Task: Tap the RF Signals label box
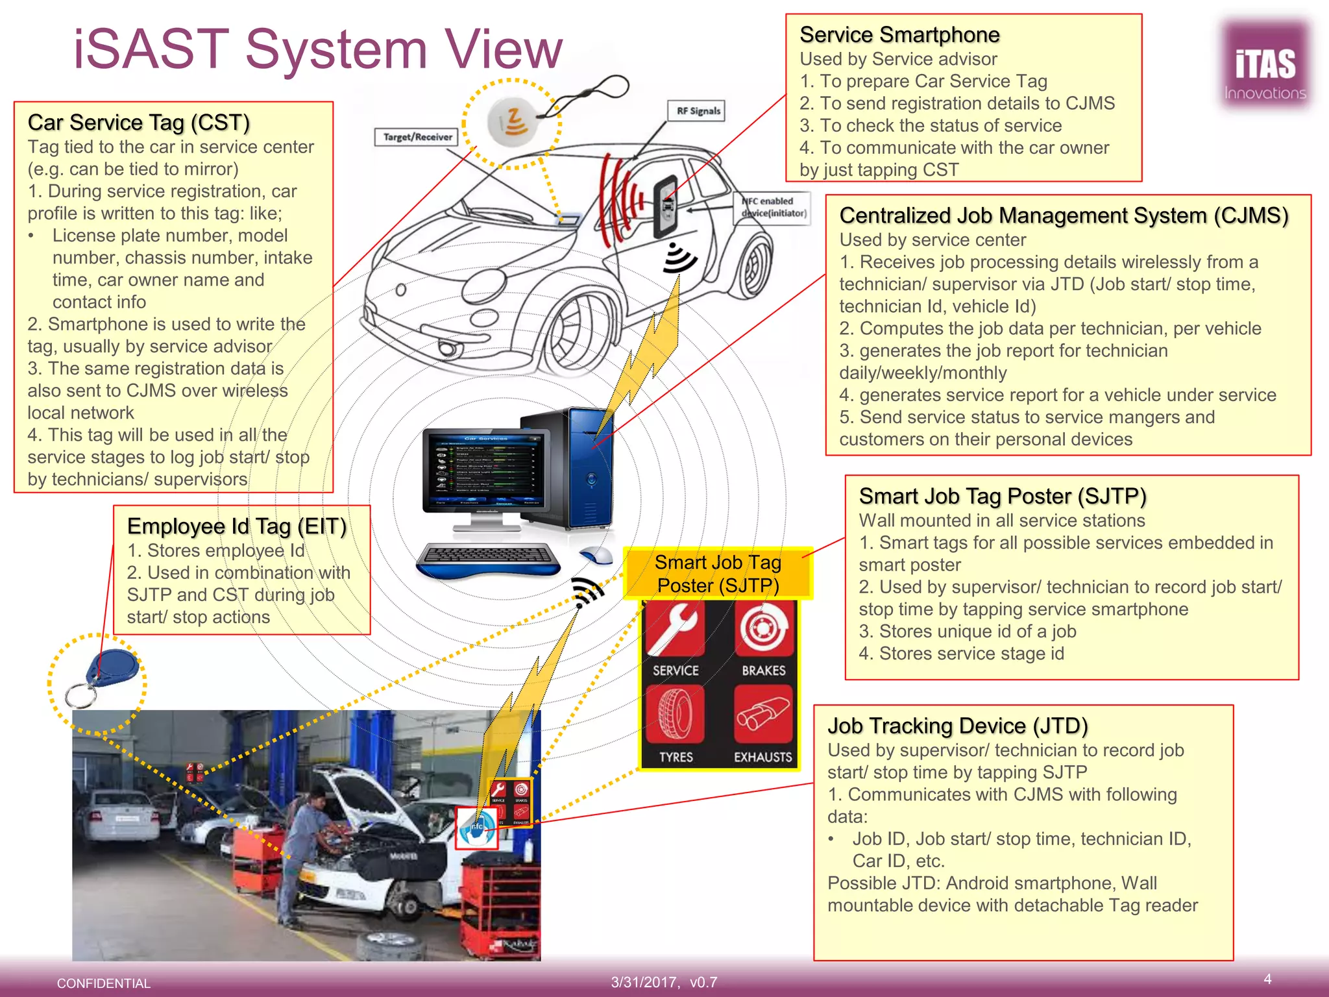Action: tap(698, 111)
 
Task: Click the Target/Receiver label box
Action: tap(417, 137)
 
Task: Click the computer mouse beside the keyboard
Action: tap(597, 555)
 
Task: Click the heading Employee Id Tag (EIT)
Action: tap(237, 526)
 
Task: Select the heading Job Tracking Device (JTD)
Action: tap(957, 726)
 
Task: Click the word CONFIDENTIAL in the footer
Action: tap(104, 983)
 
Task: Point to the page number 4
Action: tap(1267, 979)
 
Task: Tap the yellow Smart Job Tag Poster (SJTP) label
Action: tap(718, 574)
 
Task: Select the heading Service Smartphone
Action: tap(899, 34)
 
